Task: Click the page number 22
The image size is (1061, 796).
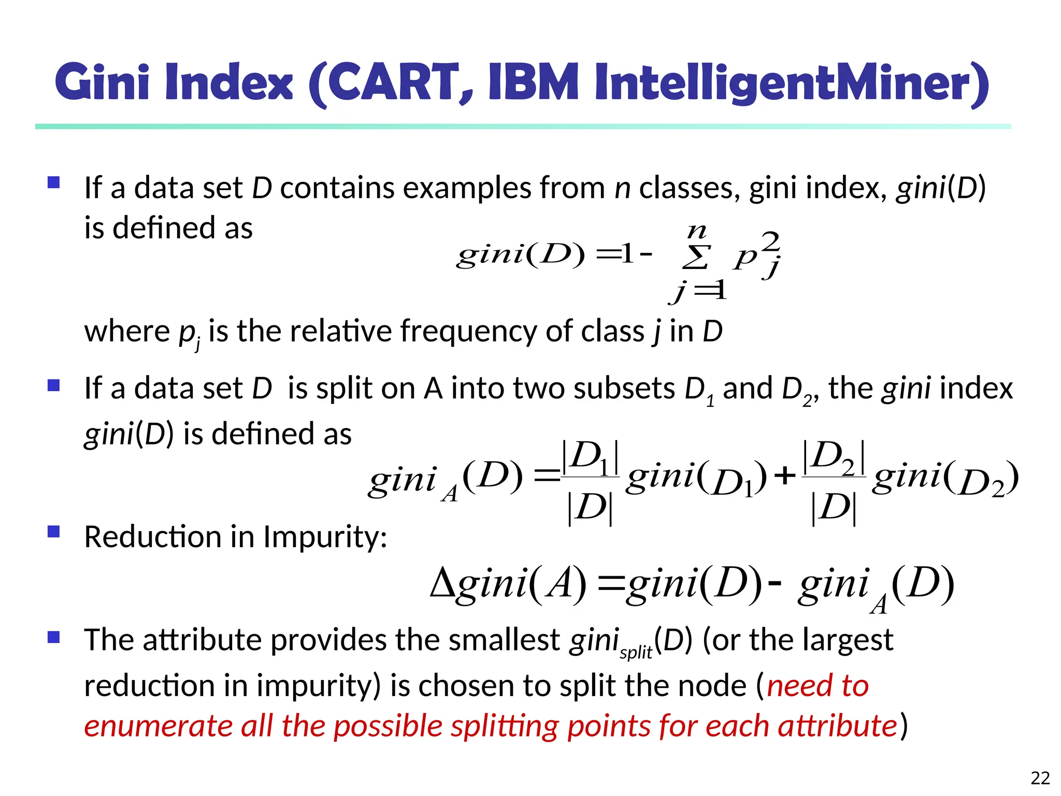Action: point(1040,778)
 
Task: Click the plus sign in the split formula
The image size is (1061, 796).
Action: point(784,475)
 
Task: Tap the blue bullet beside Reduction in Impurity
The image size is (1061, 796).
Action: point(53,532)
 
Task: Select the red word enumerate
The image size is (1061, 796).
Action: point(159,726)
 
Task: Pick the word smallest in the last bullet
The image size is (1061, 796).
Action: point(504,639)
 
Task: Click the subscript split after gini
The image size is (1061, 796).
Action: point(636,652)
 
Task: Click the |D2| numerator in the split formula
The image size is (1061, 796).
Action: point(834,457)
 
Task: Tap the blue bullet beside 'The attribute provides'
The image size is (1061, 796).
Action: point(53,636)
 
